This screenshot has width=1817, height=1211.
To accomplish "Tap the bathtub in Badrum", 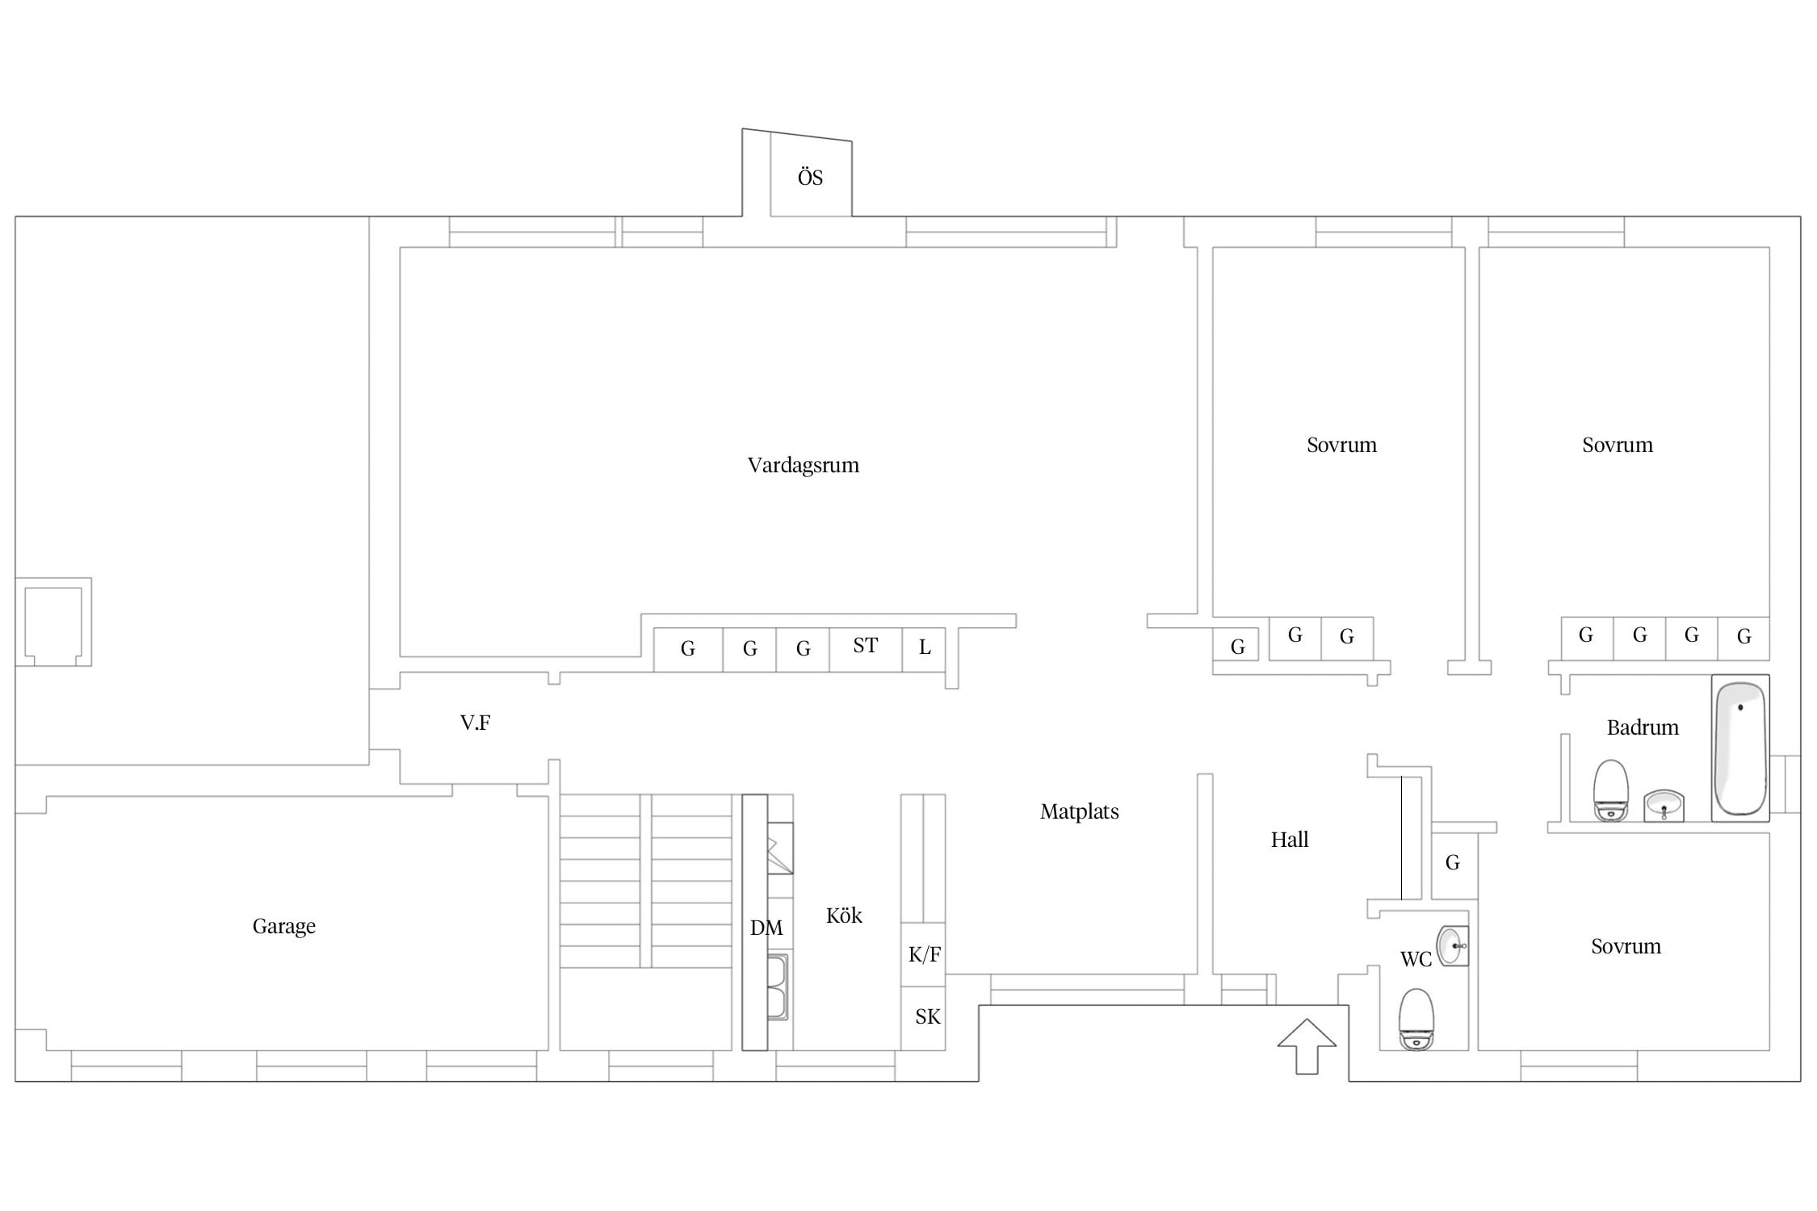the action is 1740,748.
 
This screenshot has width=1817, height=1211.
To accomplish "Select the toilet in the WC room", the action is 1416,1019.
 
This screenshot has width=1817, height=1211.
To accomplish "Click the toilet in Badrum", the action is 1610,790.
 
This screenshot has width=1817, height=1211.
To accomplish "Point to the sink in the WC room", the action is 1453,945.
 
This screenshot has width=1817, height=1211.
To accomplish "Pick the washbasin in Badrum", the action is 1664,806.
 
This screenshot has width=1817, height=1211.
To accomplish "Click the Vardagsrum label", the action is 803,465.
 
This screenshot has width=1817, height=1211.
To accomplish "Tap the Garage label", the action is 283,926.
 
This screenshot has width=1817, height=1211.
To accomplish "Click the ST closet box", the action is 865,649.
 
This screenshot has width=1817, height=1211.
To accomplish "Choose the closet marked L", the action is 924,649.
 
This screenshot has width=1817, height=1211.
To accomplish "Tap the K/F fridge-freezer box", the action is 923,954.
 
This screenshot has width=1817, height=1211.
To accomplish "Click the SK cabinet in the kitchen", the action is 923,1018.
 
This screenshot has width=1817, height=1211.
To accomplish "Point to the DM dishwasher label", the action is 766,928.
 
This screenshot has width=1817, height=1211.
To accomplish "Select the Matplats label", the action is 1079,811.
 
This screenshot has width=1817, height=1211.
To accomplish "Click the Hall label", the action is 1289,840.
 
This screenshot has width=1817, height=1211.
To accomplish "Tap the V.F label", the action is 475,723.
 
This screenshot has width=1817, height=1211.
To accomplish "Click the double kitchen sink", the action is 777,987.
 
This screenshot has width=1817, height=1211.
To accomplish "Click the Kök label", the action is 844,916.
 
